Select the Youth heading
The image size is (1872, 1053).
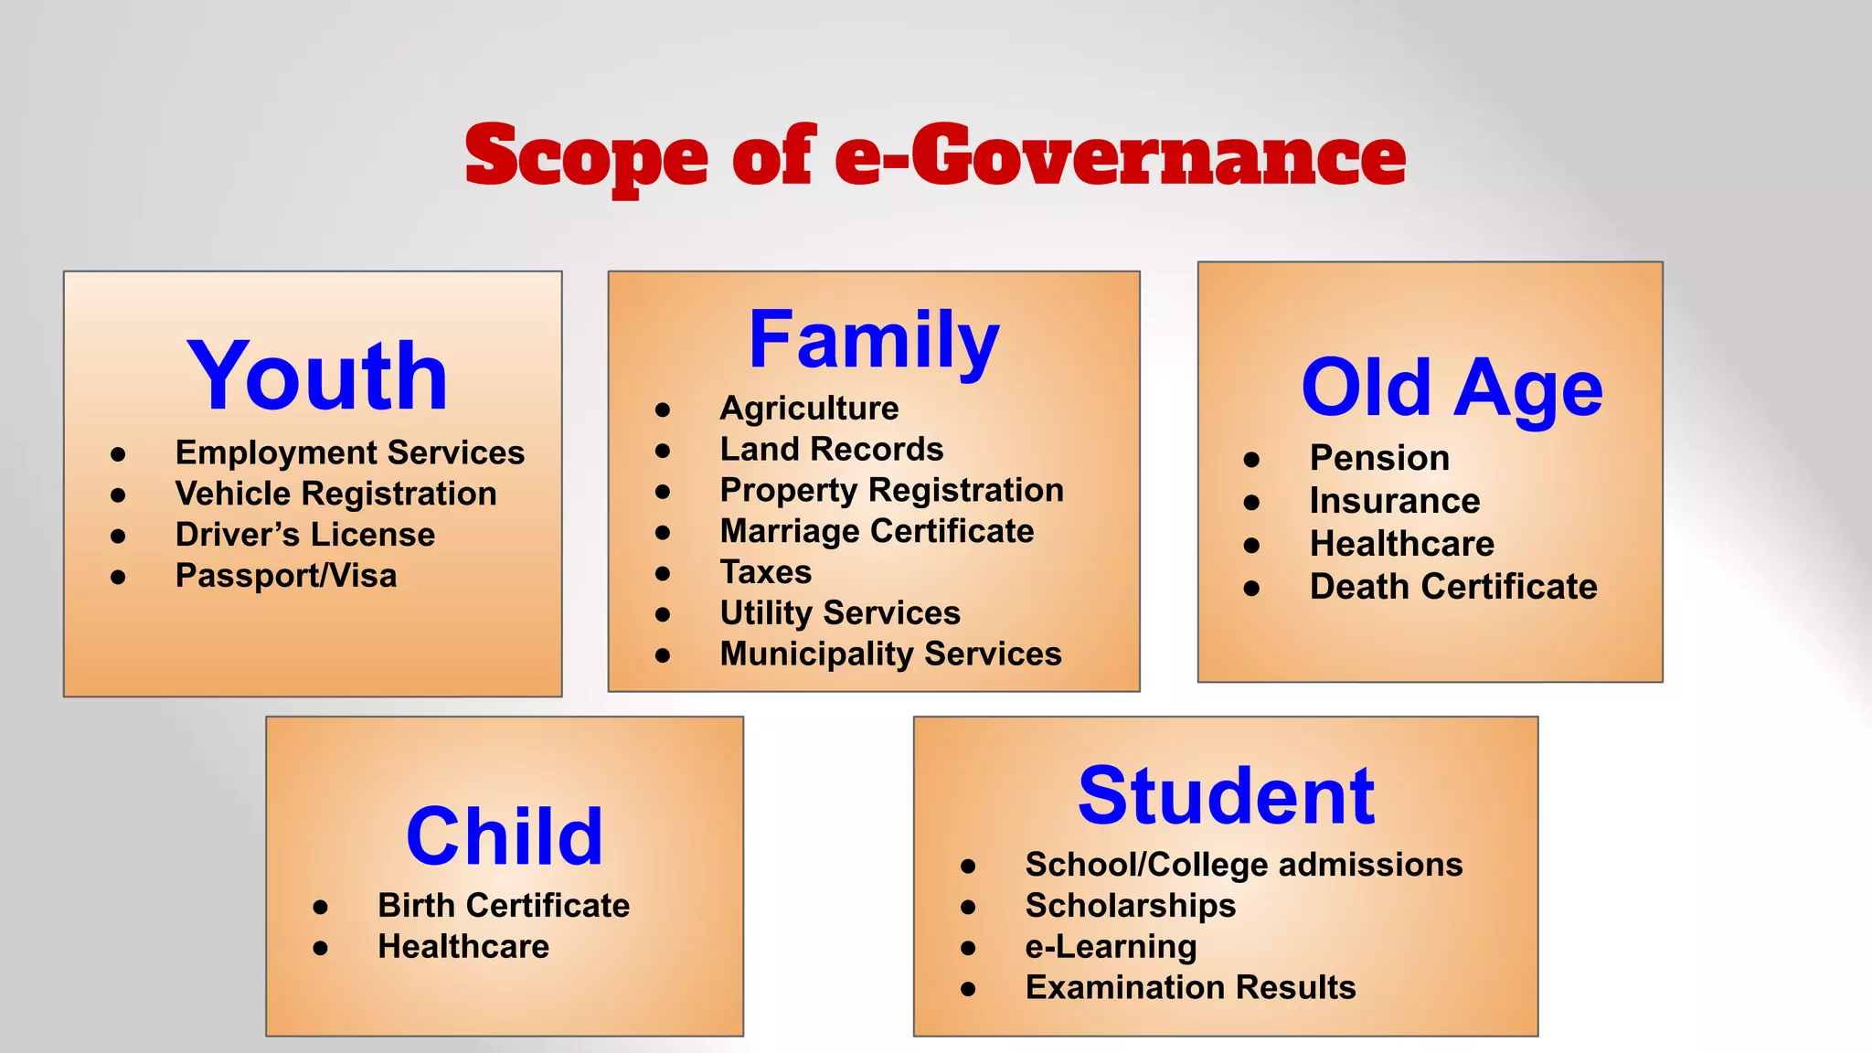pos(317,376)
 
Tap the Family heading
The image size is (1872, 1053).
pos(874,340)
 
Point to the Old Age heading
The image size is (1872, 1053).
pos(1452,388)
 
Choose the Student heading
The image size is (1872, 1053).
pos(1226,795)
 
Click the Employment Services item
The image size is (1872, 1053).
pos(350,452)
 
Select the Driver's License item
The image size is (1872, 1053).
pos(305,535)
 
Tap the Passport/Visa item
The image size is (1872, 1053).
pos(286,576)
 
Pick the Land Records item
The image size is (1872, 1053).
pos(832,449)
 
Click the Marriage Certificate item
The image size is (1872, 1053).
pos(877,531)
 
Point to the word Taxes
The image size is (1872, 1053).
pos(766,572)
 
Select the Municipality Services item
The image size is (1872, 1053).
pos(890,654)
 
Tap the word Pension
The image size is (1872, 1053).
pos(1379,458)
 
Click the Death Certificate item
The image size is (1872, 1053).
pos(1453,587)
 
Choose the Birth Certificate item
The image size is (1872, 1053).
pos(504,905)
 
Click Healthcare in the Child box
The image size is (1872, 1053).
pos(463,946)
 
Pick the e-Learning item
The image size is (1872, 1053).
pos(1111,947)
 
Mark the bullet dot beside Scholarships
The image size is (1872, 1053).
pos(968,907)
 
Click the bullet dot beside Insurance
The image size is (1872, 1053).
pos(1251,502)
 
